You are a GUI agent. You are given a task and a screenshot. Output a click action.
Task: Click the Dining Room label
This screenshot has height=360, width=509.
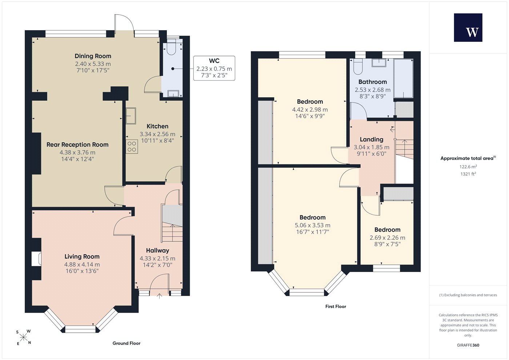[x=93, y=56]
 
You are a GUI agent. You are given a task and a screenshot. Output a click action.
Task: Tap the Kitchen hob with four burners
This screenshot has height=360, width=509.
[x=132, y=147]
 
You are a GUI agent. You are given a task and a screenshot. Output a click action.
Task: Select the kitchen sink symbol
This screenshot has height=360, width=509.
[x=131, y=116]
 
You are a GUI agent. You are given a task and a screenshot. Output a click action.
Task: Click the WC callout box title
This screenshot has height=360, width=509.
[x=214, y=61]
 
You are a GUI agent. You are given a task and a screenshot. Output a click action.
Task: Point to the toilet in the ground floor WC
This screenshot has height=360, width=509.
[x=171, y=49]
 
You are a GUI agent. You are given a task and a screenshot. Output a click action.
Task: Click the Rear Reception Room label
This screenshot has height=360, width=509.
[x=77, y=145]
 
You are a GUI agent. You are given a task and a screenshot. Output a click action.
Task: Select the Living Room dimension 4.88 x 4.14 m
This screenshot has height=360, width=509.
[x=82, y=264]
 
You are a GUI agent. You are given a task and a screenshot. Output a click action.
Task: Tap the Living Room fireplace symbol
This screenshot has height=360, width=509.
[x=36, y=259]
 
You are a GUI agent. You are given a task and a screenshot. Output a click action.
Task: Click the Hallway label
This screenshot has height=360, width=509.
[x=157, y=251]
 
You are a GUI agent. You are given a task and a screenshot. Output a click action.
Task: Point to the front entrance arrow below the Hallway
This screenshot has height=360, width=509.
[x=160, y=296]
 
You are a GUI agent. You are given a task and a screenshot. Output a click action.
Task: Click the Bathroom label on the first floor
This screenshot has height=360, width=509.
[x=373, y=82]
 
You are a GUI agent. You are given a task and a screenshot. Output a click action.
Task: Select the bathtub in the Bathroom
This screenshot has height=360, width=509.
[x=403, y=79]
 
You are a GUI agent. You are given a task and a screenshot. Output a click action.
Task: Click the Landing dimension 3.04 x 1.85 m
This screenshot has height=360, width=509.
[x=372, y=147]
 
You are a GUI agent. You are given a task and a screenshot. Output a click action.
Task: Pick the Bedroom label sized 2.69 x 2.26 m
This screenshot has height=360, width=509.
[x=388, y=229]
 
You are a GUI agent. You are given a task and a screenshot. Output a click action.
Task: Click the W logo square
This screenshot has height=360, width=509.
[x=468, y=28]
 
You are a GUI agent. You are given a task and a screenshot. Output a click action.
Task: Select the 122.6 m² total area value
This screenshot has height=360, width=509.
[x=468, y=167]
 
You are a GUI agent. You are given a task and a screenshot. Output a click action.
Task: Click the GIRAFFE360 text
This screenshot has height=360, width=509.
[x=468, y=345]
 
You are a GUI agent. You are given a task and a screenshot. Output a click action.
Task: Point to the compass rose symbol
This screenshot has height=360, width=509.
[x=23, y=337]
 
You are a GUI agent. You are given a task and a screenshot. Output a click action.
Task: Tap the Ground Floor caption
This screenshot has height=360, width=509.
[x=127, y=343]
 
